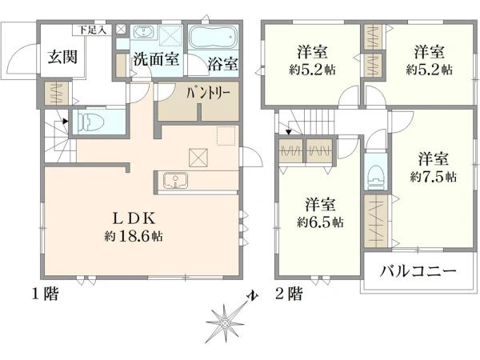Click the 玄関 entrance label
click(x=62, y=57)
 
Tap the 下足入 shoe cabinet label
click(x=92, y=30)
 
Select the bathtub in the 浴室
click(x=212, y=38)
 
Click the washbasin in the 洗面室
click(x=143, y=32)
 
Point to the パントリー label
click(x=208, y=93)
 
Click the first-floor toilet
click(x=91, y=122)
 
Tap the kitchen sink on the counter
click(x=175, y=180)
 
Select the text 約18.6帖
click(x=134, y=236)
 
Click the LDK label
click(x=134, y=218)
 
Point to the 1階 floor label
click(x=46, y=294)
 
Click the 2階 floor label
click(x=289, y=294)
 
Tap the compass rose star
click(x=225, y=323)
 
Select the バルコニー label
click(x=418, y=271)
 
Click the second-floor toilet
click(x=376, y=178)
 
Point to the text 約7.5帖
click(x=433, y=177)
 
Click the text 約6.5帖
click(x=320, y=222)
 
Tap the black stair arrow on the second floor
click(x=289, y=132)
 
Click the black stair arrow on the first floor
click(x=66, y=122)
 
